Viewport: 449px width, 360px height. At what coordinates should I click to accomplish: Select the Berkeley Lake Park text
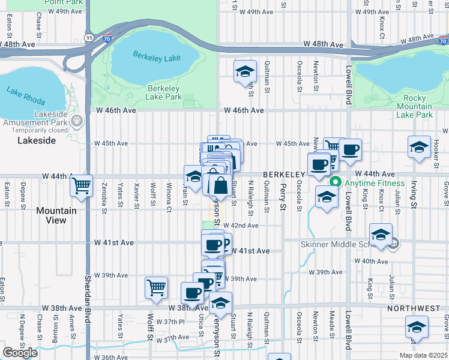click(164, 92)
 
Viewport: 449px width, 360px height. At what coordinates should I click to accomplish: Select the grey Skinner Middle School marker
click(393, 244)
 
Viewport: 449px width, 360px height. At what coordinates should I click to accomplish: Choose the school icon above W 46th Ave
click(245, 71)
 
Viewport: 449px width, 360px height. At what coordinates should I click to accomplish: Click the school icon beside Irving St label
click(419, 147)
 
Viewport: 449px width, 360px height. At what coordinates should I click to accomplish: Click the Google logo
click(20, 353)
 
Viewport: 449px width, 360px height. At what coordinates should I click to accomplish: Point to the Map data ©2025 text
click(423, 355)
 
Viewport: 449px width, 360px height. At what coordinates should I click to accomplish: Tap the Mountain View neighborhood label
click(56, 215)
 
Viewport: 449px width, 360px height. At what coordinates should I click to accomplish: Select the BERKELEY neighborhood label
click(283, 174)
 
